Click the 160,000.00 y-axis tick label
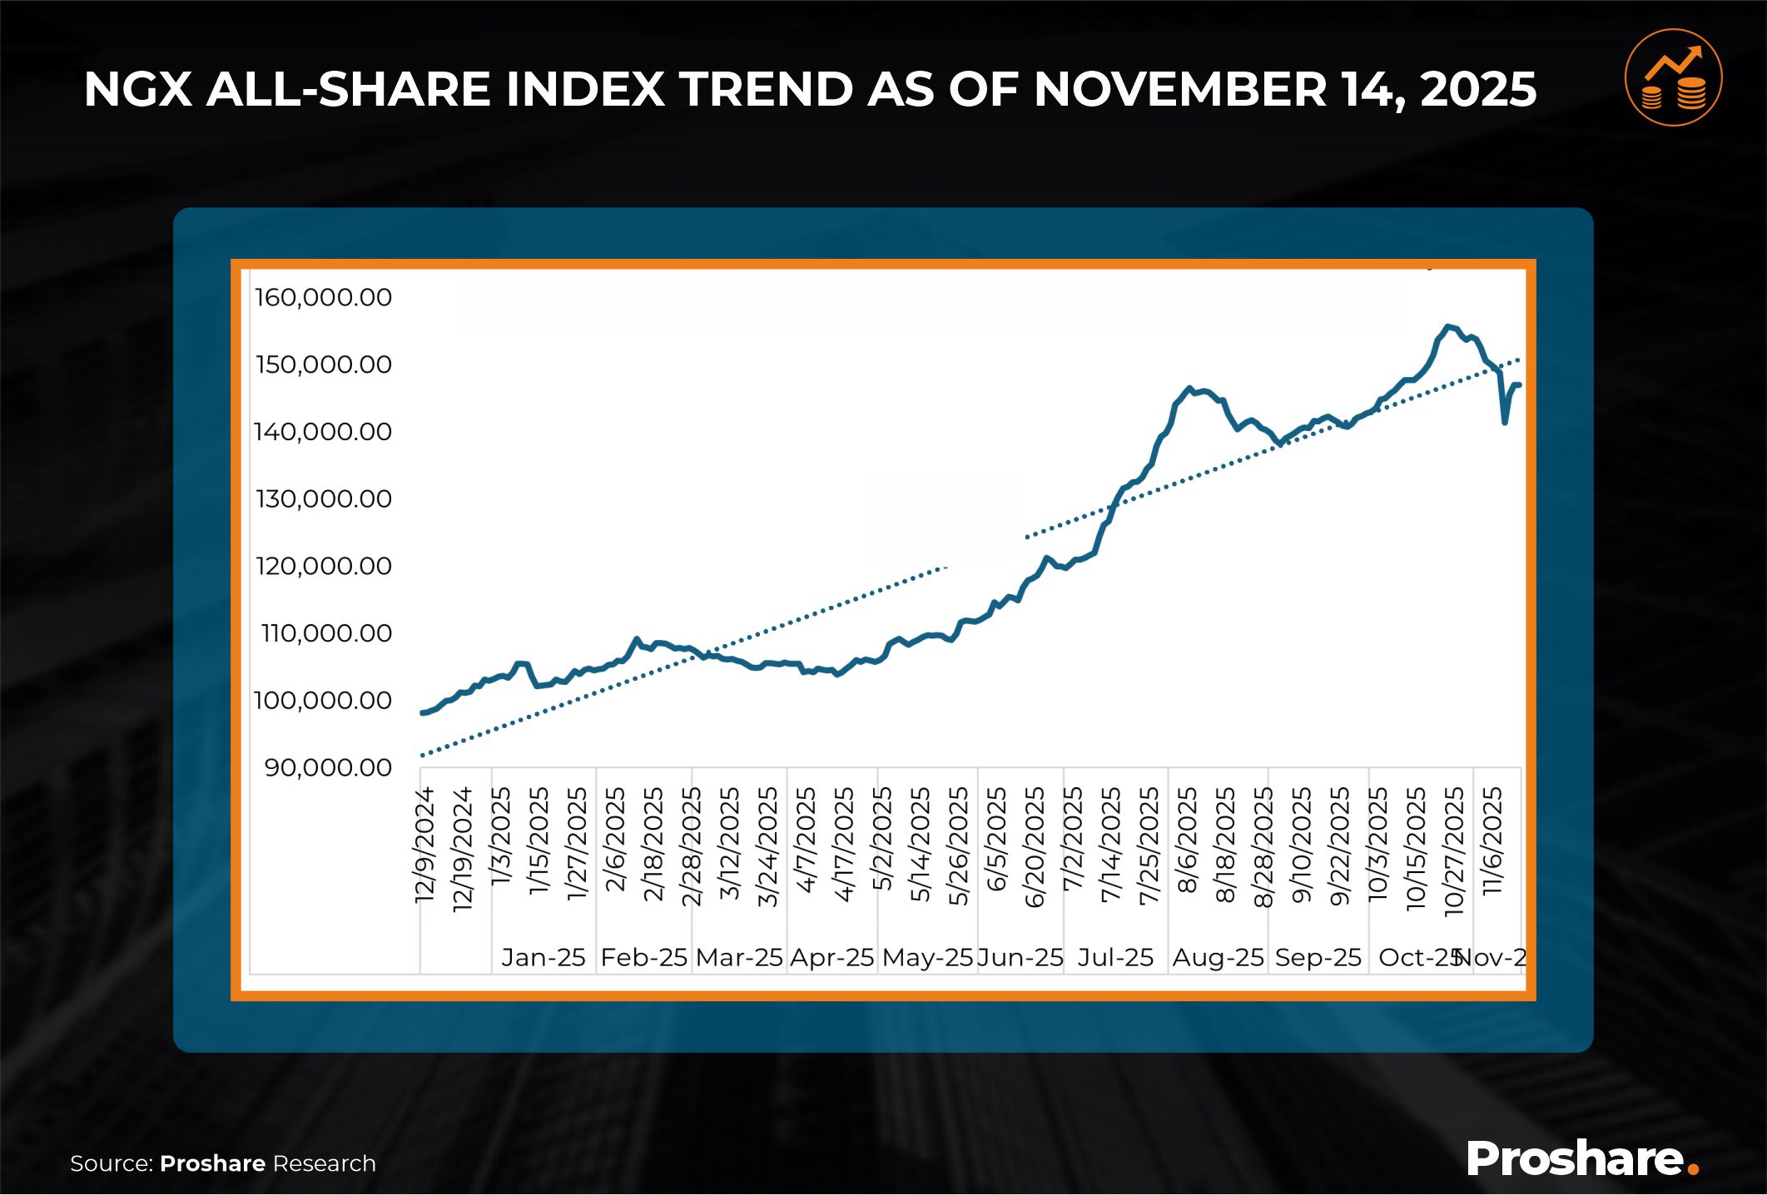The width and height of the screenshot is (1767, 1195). (x=323, y=298)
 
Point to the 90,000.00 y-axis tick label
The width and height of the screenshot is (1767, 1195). (x=328, y=767)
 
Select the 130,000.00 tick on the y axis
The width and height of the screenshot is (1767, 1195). (x=323, y=499)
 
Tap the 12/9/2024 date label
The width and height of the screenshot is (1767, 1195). (x=425, y=844)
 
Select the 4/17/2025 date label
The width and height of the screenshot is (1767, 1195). (x=844, y=844)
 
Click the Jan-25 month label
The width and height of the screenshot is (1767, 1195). (x=544, y=958)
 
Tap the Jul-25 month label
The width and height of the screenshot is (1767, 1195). (x=1115, y=958)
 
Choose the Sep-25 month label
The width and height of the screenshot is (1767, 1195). (x=1318, y=958)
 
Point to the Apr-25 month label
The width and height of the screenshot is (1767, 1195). (x=831, y=958)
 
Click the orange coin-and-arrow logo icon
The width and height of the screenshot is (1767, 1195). (x=1673, y=78)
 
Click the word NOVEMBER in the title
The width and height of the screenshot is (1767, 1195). (x=1179, y=89)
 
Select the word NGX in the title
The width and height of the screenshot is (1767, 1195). (x=138, y=89)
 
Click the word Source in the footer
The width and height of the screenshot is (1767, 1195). (x=111, y=1163)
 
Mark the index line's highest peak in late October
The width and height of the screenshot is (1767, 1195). (x=1448, y=326)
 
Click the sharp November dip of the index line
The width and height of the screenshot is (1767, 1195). (x=1505, y=422)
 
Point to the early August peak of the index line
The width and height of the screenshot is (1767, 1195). (x=1189, y=388)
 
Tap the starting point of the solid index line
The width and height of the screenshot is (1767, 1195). (x=423, y=713)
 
